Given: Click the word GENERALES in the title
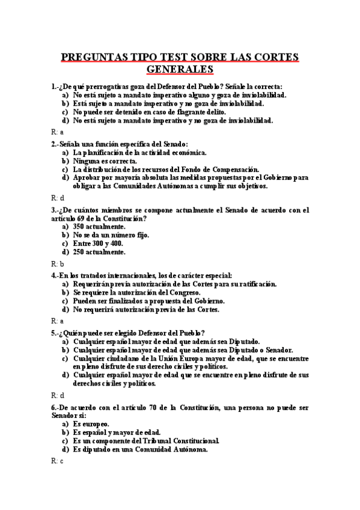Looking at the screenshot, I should click(x=180, y=69).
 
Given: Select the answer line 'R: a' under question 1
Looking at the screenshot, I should click(x=57, y=131).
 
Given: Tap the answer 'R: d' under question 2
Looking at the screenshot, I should click(x=58, y=197).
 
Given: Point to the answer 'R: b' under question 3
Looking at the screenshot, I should click(x=58, y=263).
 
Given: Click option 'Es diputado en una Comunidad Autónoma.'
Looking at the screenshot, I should click(x=141, y=449).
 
